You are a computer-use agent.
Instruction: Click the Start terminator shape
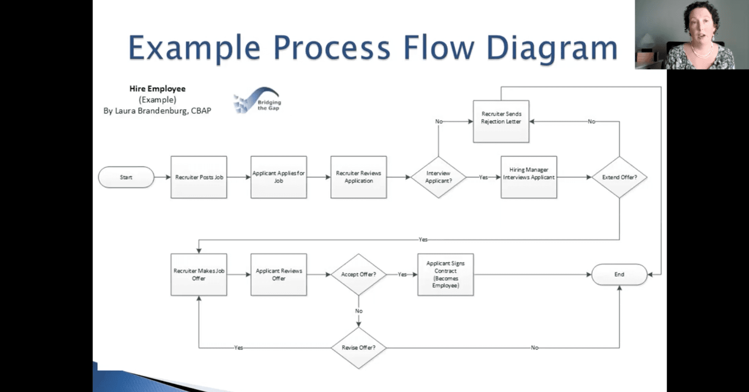[126, 177]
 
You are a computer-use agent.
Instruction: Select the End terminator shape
[619, 275]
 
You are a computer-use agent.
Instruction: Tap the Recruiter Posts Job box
[199, 177]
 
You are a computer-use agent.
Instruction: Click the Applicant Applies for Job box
[278, 177]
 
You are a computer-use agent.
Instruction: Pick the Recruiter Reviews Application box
[358, 177]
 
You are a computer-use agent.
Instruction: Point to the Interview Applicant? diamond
[438, 177]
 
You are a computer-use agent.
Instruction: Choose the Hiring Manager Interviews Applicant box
[529, 177]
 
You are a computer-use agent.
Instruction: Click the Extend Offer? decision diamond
[619, 177]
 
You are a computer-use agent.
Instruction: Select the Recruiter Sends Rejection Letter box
[501, 121]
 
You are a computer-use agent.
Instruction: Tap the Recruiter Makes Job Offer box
[199, 275]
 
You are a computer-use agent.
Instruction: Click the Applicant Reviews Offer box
[278, 275]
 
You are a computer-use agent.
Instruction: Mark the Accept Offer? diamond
[358, 275]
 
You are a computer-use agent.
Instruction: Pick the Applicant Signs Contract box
[446, 275]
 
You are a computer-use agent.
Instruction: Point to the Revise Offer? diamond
[358, 348]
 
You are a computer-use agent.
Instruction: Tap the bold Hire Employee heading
[157, 89]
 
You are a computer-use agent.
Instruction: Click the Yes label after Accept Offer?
[402, 275]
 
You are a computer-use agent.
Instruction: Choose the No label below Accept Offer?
[359, 311]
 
